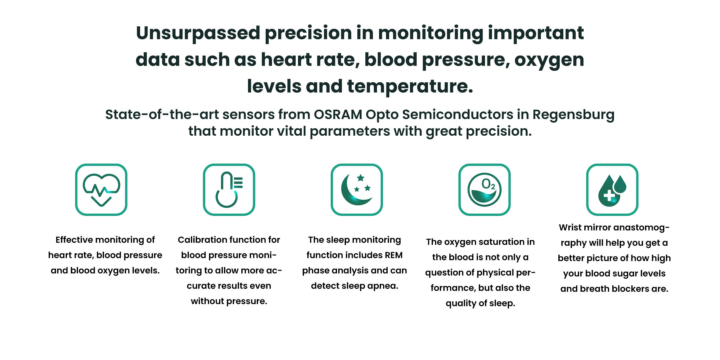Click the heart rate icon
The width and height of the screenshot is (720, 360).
coord(101,190)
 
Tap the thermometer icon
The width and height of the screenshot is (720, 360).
coord(229,190)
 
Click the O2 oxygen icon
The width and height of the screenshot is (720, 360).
coord(484,190)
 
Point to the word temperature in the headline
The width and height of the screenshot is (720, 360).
coord(410,87)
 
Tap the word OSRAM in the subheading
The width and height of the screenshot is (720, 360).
coord(338,114)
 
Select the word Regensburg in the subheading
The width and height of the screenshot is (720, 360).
coord(573,115)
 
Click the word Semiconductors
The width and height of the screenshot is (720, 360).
coord(458,114)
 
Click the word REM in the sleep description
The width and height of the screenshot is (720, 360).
coord(394,255)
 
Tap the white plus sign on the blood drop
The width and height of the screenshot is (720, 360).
coord(609,196)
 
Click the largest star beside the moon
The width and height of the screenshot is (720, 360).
coord(361,178)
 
